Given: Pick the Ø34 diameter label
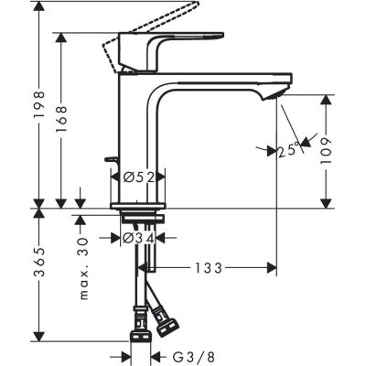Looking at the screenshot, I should (x=139, y=240).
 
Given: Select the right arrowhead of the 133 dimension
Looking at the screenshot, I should (x=272, y=268).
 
